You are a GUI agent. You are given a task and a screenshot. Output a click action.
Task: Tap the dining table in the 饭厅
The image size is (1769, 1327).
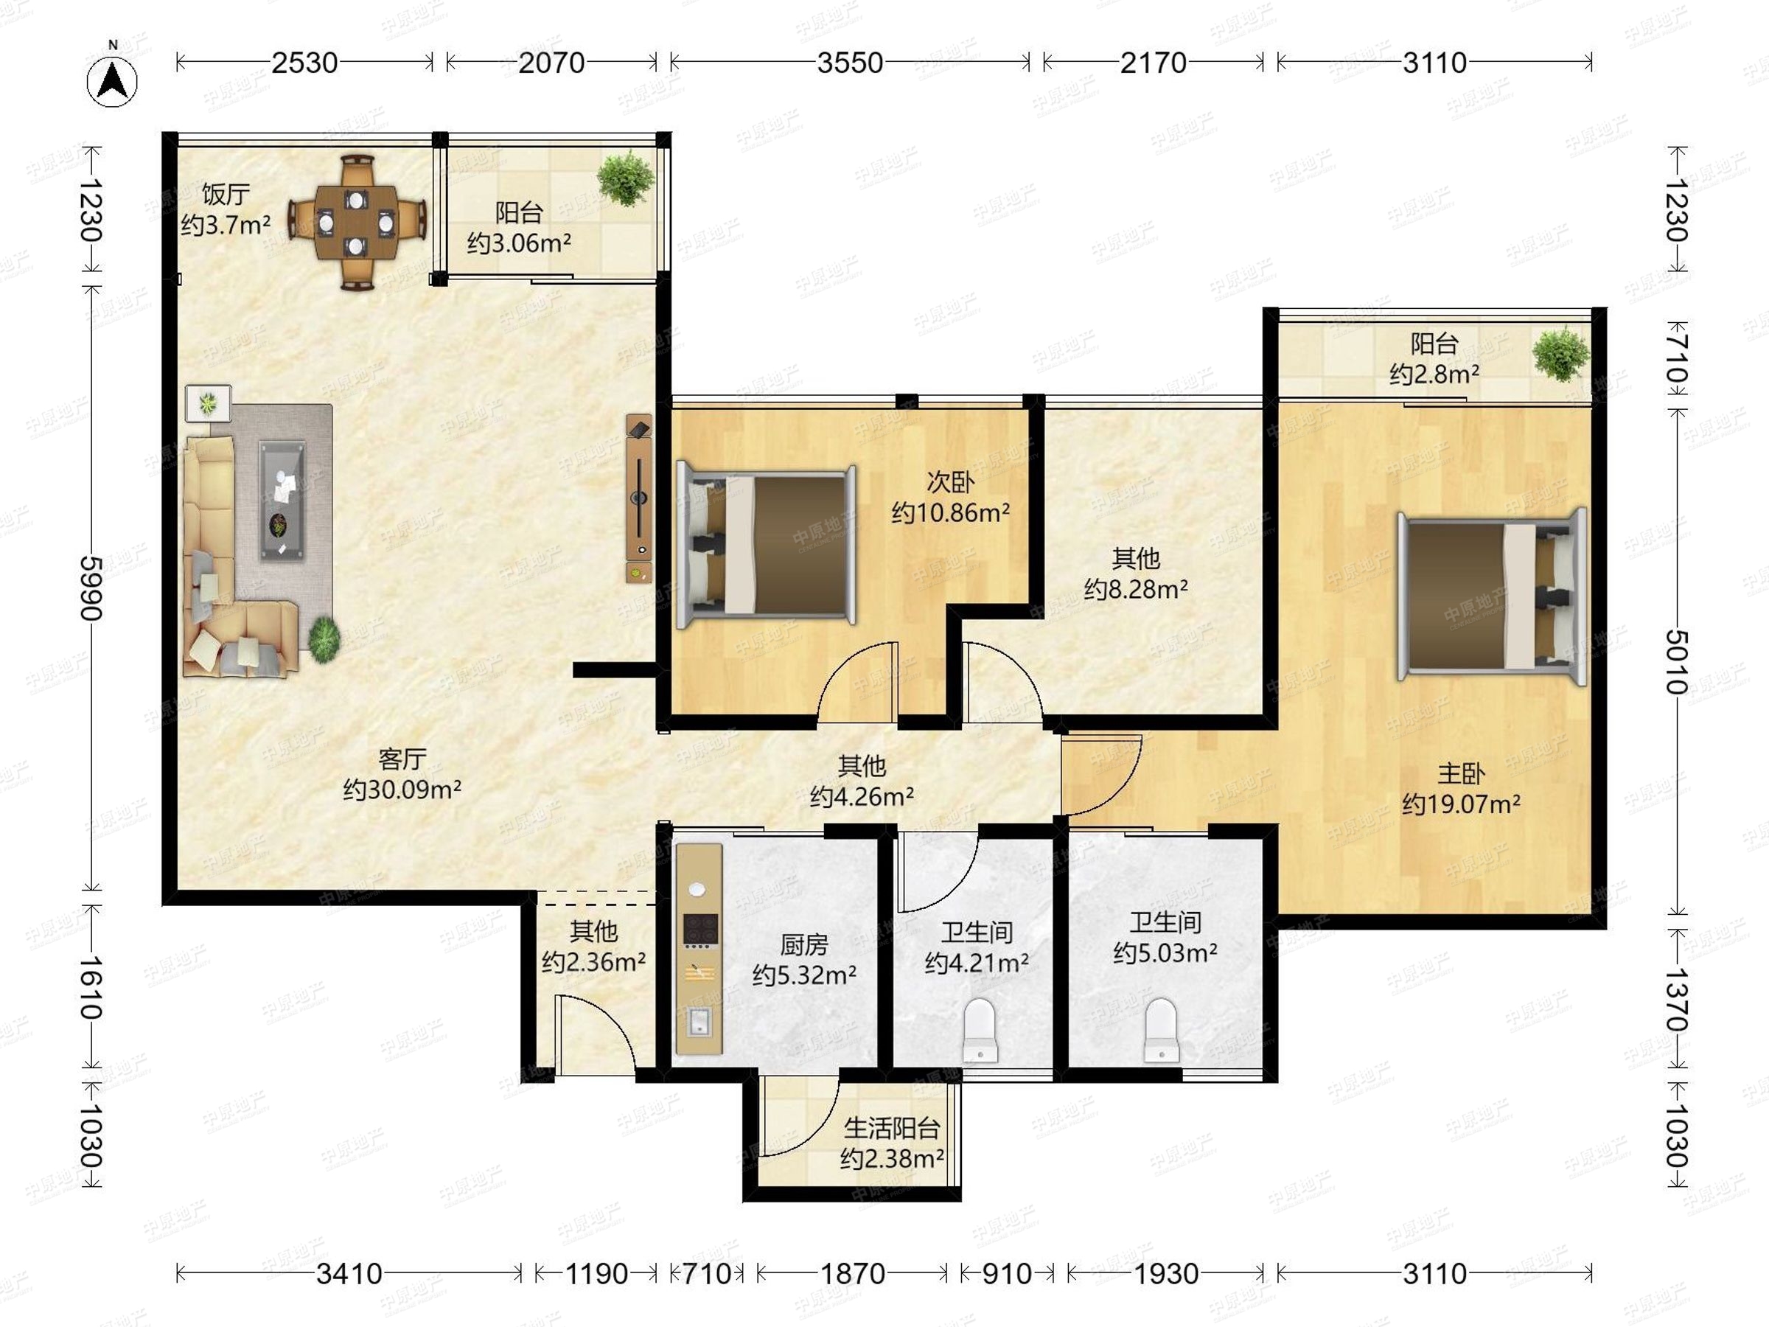pyautogui.click(x=356, y=223)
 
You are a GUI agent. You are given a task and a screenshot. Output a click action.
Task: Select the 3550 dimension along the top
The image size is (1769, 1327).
pyautogui.click(x=849, y=63)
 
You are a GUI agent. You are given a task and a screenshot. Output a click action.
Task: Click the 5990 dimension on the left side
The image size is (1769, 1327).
pyautogui.click(x=91, y=588)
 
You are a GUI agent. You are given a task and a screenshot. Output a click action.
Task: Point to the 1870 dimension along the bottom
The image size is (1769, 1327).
pyautogui.click(x=853, y=1272)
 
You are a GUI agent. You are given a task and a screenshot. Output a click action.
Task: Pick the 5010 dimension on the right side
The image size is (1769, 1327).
pyautogui.click(x=1677, y=661)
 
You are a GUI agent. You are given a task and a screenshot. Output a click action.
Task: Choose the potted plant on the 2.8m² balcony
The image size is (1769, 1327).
pyautogui.click(x=1560, y=355)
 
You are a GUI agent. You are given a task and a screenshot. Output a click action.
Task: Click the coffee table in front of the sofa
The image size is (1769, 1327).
pyautogui.click(x=282, y=500)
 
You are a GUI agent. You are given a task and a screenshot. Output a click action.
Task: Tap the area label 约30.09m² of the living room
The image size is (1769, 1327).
pyautogui.click(x=402, y=790)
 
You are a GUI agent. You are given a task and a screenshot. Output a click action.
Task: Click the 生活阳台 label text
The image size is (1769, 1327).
pyautogui.click(x=892, y=1128)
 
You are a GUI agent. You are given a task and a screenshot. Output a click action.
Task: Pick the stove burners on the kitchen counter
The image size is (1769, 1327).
pyautogui.click(x=699, y=929)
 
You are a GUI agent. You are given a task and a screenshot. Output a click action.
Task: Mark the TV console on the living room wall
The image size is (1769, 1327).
pyautogui.click(x=639, y=498)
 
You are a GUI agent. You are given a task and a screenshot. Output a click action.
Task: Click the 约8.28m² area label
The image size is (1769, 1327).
pyautogui.click(x=1136, y=590)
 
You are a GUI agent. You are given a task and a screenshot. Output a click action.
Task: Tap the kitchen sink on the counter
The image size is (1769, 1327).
pyautogui.click(x=699, y=1022)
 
